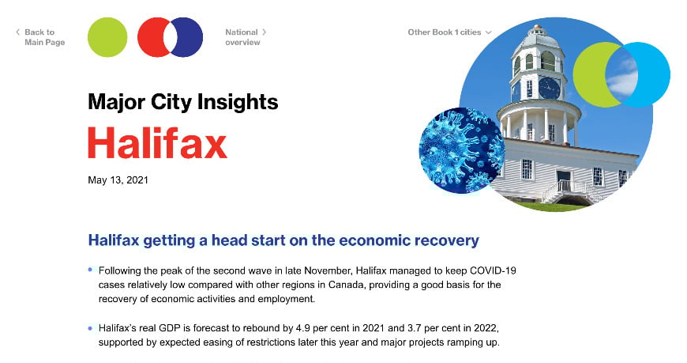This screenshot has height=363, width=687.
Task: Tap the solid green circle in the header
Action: [x=107, y=37]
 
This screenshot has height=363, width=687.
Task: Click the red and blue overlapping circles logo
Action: [x=170, y=37]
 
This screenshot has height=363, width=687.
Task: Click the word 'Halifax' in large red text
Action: [x=157, y=143]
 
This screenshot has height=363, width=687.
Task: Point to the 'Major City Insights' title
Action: [x=182, y=101]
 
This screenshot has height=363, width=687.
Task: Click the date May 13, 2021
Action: [x=118, y=180]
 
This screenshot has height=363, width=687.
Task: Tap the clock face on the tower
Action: [x=548, y=88]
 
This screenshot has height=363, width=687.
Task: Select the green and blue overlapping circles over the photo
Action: [x=621, y=74]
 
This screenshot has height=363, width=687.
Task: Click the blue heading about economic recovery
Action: [x=283, y=240]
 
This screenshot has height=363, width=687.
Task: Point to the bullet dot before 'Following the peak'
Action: [x=91, y=270]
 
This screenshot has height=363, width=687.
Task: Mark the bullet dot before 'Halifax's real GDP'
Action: [x=91, y=327]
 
